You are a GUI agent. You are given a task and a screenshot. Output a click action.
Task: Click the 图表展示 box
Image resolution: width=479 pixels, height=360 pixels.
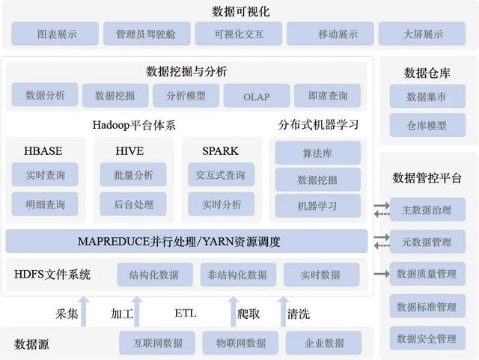(x=55, y=34)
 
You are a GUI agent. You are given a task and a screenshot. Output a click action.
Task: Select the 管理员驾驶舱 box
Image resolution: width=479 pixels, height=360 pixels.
(x=147, y=34)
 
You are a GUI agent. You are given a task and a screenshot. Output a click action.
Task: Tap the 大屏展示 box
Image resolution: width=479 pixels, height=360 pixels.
(x=422, y=34)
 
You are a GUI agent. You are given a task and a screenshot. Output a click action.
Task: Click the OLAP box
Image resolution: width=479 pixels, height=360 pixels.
(x=257, y=96)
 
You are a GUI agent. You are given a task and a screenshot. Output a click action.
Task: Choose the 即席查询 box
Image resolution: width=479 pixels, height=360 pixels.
(x=328, y=96)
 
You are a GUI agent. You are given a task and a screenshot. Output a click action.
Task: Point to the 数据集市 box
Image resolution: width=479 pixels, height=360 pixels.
(x=427, y=97)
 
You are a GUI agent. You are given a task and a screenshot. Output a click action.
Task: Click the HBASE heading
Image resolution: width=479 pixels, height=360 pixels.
(x=43, y=151)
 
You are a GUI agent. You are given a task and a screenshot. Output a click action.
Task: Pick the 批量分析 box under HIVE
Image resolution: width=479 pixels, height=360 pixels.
(x=133, y=175)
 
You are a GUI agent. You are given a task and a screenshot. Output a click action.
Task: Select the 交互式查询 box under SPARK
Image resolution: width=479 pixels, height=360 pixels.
(x=222, y=175)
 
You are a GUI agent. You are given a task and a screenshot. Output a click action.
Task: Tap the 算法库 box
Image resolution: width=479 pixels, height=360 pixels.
(x=317, y=153)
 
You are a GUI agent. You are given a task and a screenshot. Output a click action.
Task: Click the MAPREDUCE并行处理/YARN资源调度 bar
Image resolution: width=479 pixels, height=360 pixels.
(x=186, y=242)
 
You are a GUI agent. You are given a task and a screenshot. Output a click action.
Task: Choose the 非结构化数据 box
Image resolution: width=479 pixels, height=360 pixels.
(x=238, y=275)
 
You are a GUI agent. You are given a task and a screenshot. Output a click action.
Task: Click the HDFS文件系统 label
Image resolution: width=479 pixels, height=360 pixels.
(x=52, y=275)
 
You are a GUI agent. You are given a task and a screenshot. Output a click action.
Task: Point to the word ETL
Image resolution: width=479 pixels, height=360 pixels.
(x=186, y=314)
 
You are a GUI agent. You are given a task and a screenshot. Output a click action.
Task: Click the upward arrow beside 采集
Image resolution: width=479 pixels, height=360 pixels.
(x=84, y=311)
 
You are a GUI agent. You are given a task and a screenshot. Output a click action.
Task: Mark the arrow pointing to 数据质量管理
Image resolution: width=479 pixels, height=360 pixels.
(x=382, y=274)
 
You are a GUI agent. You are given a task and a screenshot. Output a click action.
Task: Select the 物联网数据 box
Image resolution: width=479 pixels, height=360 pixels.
(x=240, y=343)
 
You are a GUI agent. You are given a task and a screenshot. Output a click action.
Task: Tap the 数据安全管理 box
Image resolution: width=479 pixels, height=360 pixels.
(x=427, y=338)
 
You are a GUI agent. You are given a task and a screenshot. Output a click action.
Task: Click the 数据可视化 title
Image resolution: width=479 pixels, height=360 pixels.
(x=241, y=12)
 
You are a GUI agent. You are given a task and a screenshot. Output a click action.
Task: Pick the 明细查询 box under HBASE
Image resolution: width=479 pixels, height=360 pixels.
(x=45, y=204)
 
